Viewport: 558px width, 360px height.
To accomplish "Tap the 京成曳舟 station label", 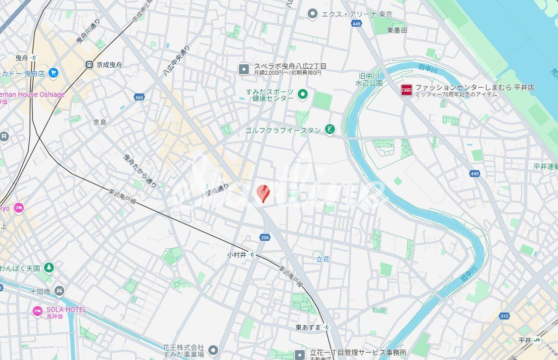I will coord(108,64).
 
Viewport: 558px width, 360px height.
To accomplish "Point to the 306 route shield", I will coord(265,237).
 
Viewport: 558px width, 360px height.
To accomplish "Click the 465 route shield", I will coord(139,97).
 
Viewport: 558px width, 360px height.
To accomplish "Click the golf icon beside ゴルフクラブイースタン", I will coord(329,130).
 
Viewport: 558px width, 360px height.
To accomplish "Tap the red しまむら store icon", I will coord(406,90).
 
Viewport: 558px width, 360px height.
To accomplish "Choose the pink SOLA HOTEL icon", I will coord(38,311).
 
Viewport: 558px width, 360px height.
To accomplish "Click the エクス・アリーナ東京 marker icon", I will coord(312,14).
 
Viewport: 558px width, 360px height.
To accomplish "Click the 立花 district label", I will coord(323,259).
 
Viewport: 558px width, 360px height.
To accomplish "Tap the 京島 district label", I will coord(99,122).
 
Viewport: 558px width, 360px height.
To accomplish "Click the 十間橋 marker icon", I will coord(59,290).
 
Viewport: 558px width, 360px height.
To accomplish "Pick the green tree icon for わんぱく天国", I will coord(48,268).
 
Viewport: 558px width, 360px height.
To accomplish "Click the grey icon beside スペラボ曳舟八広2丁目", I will coord(244,69).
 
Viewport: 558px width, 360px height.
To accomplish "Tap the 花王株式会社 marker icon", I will coord(213,350).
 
